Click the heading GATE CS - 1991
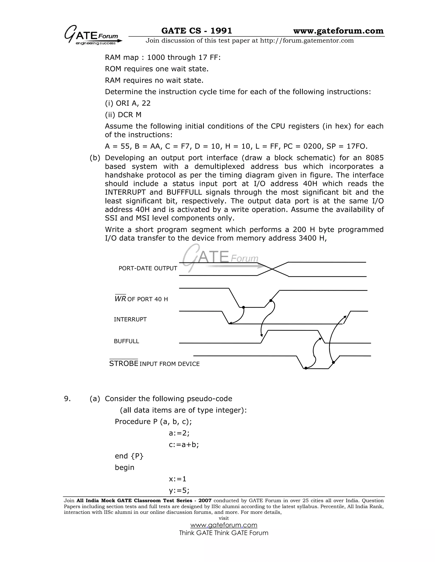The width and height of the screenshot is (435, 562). [196, 31]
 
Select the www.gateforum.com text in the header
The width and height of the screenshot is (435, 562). [338, 31]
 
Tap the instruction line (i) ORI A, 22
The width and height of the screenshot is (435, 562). [128, 103]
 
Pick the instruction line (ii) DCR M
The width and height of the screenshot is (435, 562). [123, 115]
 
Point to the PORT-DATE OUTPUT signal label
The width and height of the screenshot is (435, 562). [148, 268]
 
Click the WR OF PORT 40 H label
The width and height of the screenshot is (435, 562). [141, 299]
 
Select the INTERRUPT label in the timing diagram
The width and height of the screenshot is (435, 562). [130, 319]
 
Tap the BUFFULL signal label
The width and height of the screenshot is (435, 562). [126, 341]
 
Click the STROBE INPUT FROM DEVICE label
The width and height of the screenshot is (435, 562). [154, 363]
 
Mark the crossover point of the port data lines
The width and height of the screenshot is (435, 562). [272, 269]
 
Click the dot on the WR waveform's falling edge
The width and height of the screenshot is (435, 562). [243, 307]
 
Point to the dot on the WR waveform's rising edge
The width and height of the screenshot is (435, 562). [271, 301]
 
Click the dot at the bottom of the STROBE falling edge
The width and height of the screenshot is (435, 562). [306, 368]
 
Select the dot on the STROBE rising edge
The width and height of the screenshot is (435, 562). [333, 362]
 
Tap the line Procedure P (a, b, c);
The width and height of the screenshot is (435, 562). [153, 422]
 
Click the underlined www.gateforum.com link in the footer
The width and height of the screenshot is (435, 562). [224, 525]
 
